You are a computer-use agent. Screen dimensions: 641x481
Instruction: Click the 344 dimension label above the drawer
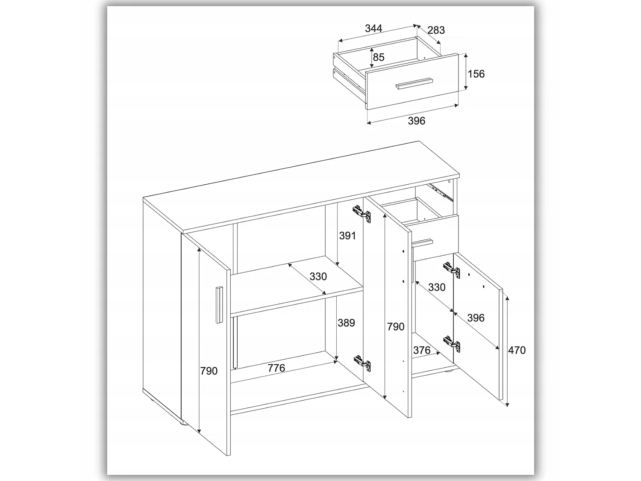[x=373, y=28]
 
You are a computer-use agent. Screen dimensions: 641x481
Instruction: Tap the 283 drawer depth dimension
[x=436, y=30]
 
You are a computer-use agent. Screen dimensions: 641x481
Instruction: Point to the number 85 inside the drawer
[x=379, y=57]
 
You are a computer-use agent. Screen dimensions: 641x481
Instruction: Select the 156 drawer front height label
[x=476, y=74]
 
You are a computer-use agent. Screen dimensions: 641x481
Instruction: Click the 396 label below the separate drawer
[x=416, y=121]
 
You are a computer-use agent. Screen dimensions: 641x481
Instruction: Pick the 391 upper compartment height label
[x=347, y=236]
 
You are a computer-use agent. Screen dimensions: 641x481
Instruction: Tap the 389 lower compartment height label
[x=346, y=323]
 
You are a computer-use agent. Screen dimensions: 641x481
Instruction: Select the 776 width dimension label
[x=276, y=368]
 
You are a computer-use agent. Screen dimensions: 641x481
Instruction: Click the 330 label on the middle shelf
[x=318, y=276]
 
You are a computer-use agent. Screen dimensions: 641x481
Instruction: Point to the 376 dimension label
[x=422, y=350]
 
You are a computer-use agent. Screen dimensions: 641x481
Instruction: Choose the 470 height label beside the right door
[x=517, y=350]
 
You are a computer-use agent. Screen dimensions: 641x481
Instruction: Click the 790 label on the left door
[x=209, y=371]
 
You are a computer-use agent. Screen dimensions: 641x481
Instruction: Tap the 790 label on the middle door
[x=396, y=327]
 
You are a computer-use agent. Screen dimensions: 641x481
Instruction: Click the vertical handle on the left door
[x=219, y=304]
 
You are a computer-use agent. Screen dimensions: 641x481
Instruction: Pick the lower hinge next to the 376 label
[x=451, y=344]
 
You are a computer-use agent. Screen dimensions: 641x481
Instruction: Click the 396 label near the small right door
[x=476, y=318]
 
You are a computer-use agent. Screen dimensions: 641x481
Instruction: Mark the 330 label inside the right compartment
[x=437, y=287]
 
